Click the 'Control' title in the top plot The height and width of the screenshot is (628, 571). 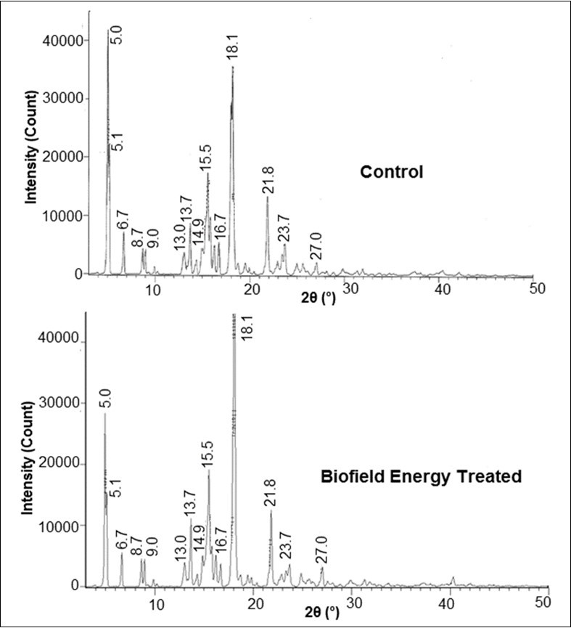point(391,173)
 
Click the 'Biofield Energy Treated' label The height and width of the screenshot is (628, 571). point(422,477)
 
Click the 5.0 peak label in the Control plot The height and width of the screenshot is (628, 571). point(116,34)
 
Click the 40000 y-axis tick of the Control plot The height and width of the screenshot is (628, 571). point(61,41)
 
